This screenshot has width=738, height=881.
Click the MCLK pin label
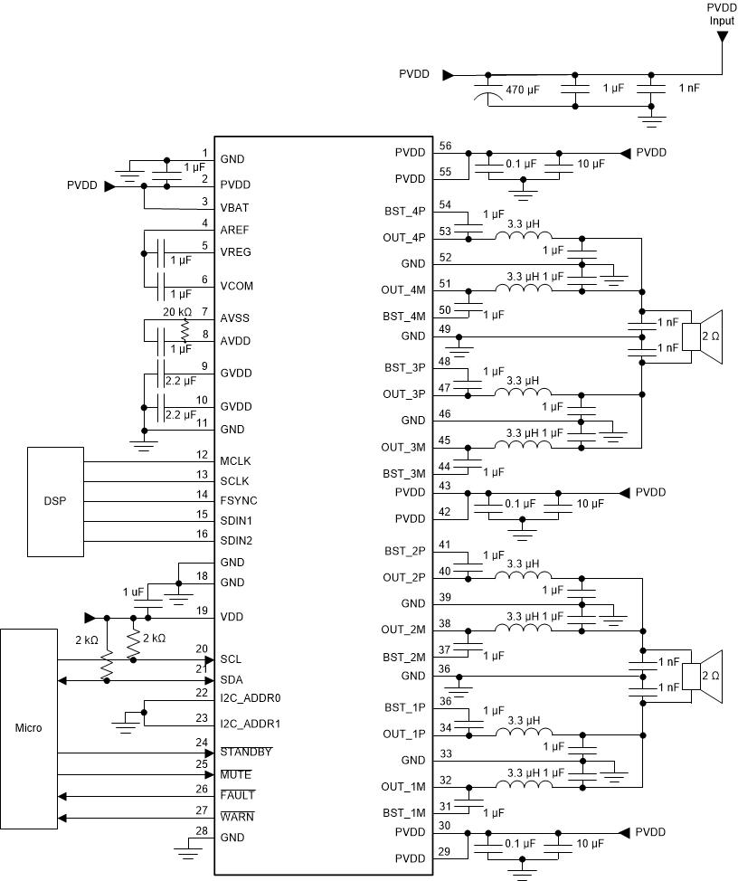coord(235,461)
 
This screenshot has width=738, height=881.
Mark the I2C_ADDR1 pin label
coord(250,724)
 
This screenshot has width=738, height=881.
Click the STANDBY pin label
coord(247,753)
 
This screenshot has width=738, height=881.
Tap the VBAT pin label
coord(233,207)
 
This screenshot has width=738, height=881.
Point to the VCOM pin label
coord(236,285)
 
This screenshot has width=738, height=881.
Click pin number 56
coord(444,146)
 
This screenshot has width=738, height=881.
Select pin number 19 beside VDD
coord(202,611)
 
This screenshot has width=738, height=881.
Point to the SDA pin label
coord(232,679)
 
